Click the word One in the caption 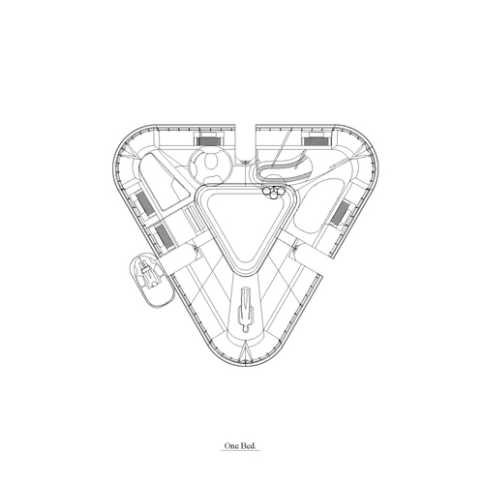click(x=230, y=446)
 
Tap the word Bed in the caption click(x=248, y=446)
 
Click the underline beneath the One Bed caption click(x=240, y=450)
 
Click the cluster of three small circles click(x=274, y=192)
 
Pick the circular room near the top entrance click(x=210, y=165)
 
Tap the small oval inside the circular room click(x=212, y=161)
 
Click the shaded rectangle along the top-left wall click(x=208, y=141)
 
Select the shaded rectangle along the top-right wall click(x=317, y=141)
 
